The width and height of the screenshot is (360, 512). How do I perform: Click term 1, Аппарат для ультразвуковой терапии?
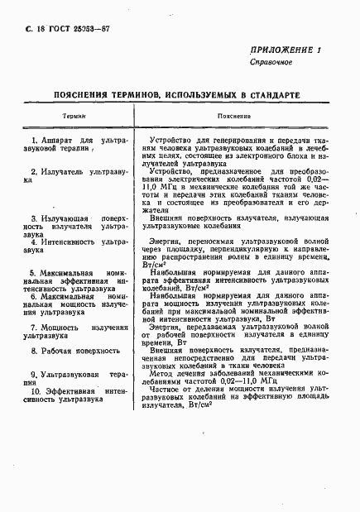(74, 146)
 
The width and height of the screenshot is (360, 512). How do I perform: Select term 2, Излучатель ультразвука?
(74, 171)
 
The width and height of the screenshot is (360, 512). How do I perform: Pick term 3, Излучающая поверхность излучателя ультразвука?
(74, 226)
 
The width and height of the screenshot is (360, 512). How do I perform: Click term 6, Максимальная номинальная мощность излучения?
(74, 302)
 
